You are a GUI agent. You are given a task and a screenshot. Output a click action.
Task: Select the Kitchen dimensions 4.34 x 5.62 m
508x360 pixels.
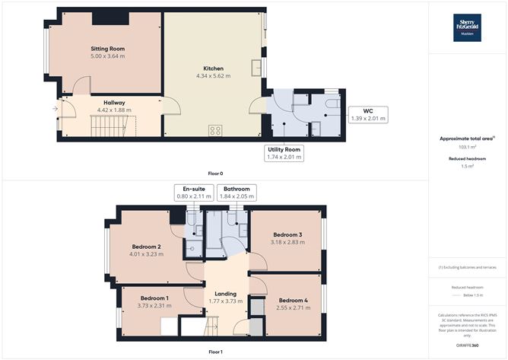tap(213, 75)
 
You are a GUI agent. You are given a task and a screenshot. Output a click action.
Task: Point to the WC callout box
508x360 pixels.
tap(367, 113)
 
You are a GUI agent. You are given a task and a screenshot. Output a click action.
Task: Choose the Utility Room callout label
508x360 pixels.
tap(283, 152)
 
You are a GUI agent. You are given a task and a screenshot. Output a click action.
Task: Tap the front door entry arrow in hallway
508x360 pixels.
tap(55, 109)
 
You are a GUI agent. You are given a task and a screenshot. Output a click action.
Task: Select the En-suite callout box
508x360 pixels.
tap(191, 193)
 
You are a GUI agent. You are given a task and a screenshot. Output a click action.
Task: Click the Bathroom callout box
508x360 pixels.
tap(235, 193)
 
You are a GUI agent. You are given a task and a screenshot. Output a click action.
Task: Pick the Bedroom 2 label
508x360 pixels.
tap(145, 247)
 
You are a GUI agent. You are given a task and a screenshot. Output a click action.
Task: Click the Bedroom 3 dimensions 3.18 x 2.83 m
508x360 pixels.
tap(288, 242)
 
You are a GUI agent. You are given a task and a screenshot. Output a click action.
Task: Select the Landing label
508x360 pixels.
tap(225, 293)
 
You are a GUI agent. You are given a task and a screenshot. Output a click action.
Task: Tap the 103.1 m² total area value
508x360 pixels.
tap(467, 146)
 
